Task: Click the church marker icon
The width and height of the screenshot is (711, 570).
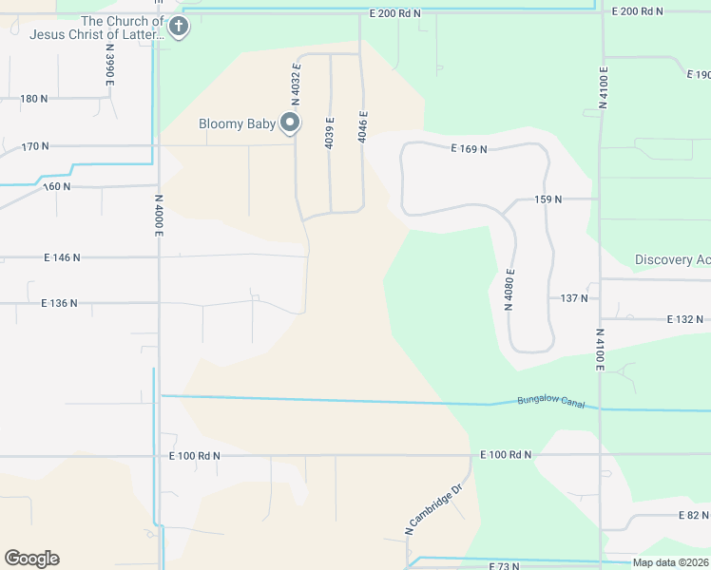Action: pos(178,28)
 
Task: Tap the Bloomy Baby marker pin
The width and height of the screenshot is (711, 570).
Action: pos(290,123)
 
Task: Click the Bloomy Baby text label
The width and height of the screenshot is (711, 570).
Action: pos(237,123)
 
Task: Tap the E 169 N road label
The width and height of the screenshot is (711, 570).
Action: pos(469,149)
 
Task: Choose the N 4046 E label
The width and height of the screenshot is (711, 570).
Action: pos(362,125)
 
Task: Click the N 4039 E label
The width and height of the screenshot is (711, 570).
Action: pos(329,132)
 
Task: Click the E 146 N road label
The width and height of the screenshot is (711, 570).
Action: pos(62,257)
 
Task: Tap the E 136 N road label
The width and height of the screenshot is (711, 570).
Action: pos(59,303)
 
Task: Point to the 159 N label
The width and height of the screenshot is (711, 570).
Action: pos(548,199)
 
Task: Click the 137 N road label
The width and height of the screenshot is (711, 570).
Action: pos(574,298)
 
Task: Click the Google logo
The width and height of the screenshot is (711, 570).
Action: pos(31,559)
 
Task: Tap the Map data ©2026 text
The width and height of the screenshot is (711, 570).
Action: pos(670,562)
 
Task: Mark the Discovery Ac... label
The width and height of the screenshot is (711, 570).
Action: pos(672,260)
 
